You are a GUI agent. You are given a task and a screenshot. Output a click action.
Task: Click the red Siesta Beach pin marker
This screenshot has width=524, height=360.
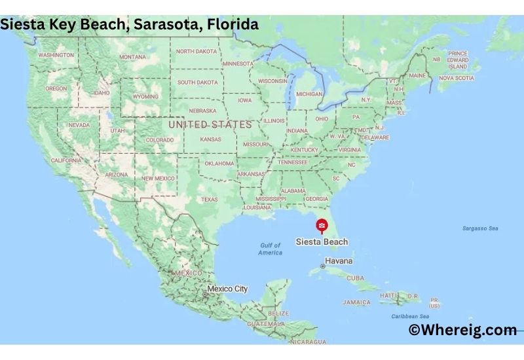point(322,226)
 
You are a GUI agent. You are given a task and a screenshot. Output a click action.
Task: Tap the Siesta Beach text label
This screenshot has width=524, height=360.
point(322,242)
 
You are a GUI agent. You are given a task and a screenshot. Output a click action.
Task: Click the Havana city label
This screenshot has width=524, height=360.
point(339,261)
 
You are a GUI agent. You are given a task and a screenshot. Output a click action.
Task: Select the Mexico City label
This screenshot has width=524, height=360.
point(227,289)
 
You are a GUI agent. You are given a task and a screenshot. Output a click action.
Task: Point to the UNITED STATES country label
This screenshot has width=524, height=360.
point(210,124)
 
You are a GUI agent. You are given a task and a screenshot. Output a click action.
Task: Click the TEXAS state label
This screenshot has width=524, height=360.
point(210,199)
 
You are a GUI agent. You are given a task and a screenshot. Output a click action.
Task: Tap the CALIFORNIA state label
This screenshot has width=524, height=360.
point(66,160)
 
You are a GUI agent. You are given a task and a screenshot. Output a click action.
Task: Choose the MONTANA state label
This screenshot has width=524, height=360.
point(132,57)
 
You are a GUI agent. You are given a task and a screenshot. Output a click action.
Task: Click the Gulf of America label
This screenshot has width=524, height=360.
point(270,249)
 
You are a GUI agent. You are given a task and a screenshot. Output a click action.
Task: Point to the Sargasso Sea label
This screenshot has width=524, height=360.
point(480,228)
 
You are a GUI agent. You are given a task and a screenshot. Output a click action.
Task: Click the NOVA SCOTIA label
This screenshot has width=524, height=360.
point(456,78)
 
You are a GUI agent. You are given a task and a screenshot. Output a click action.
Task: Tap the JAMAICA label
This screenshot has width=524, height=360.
point(356,302)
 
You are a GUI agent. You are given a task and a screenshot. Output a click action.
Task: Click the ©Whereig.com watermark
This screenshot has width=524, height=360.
point(462,331)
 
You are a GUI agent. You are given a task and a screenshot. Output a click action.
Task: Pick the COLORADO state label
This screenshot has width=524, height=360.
point(160,139)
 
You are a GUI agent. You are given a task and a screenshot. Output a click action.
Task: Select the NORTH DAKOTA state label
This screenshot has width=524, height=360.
point(196,51)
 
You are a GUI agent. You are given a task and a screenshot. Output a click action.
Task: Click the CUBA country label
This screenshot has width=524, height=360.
point(355,278)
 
